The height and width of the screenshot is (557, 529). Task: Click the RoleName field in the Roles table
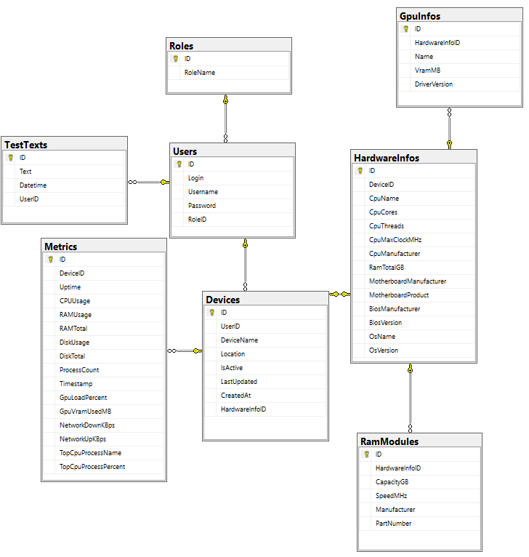coord(200,73)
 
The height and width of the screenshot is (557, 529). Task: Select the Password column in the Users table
coord(202,206)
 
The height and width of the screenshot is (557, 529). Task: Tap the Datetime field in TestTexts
coord(33,185)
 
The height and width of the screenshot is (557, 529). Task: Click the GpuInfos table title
coord(420,16)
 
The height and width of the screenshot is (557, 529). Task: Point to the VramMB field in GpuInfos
coord(427,71)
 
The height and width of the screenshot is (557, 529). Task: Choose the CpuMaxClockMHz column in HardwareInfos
coord(395,240)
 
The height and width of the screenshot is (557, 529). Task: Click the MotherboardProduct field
coord(399,295)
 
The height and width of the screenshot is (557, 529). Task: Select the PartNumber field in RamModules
coord(393,524)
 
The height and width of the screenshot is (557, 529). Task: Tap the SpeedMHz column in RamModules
coord(391,495)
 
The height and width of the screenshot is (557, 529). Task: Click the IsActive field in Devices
coord(232,368)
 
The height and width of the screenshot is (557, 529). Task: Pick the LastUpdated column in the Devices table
coord(239,382)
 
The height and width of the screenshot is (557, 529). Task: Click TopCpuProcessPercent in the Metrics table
coord(92,467)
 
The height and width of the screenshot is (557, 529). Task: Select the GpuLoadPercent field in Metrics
coord(83,398)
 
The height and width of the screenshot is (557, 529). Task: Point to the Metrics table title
coord(61,247)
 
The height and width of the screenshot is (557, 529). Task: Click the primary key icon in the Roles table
coord(175,59)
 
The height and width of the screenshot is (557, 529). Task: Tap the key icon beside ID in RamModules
coord(367,454)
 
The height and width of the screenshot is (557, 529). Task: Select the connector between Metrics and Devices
coord(185,351)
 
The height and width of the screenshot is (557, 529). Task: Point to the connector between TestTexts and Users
coord(149,183)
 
